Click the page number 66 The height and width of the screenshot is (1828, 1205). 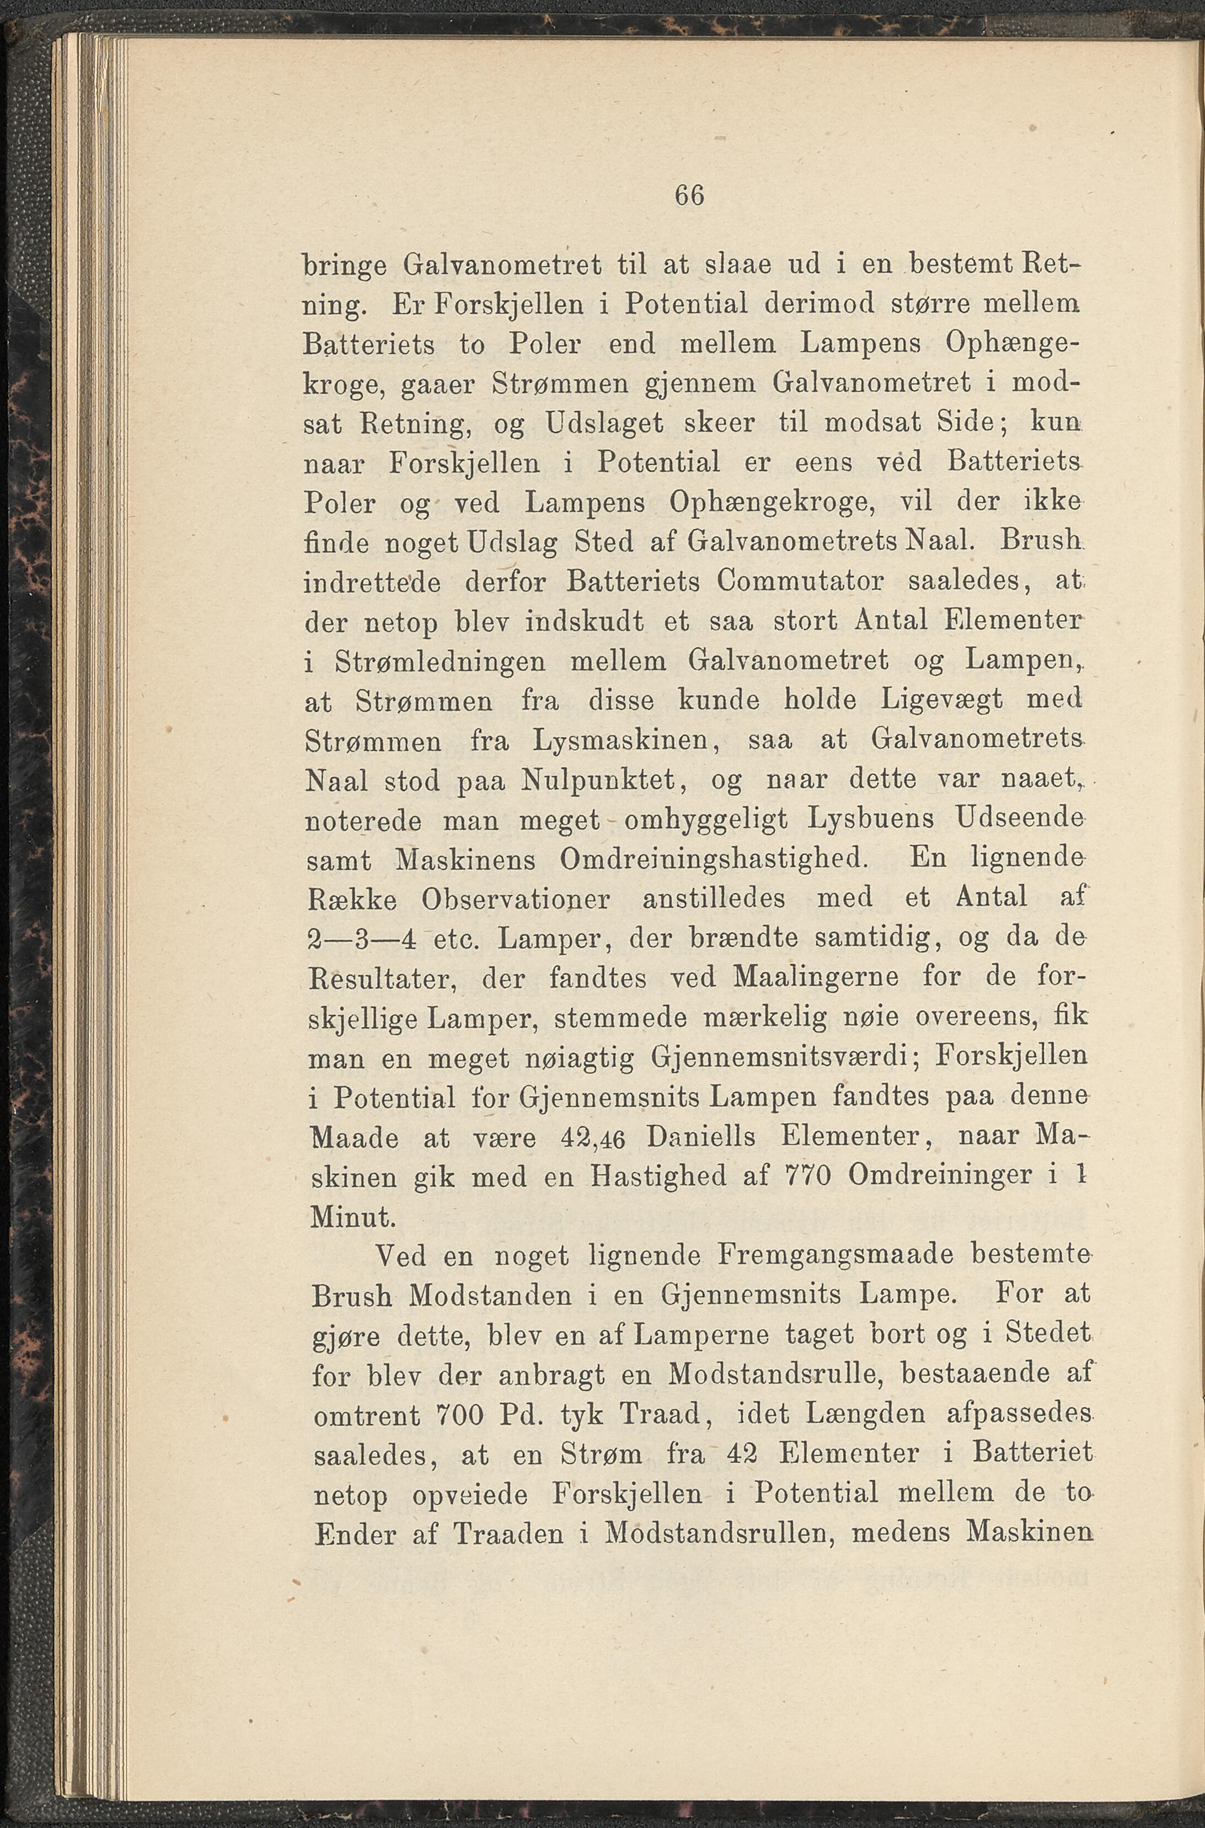point(689,196)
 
